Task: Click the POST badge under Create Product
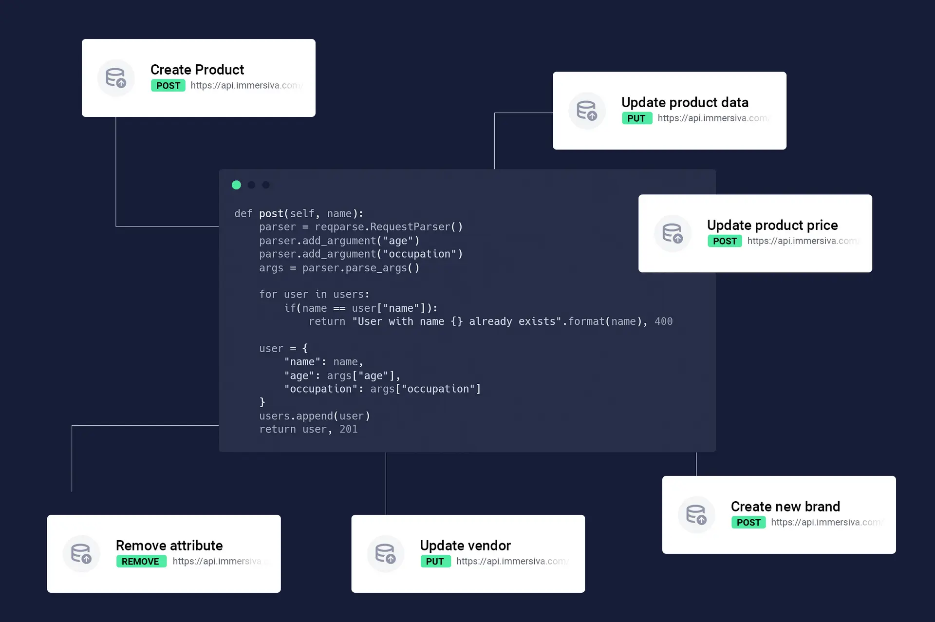tap(168, 86)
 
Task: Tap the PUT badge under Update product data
tap(636, 118)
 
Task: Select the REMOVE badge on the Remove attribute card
tap(141, 562)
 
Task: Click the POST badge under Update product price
tap(725, 241)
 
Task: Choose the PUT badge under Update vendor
tap(435, 562)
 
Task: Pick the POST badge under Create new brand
tap(748, 523)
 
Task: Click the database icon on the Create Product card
tap(116, 78)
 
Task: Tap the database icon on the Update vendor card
tap(385, 554)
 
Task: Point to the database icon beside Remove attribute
tap(81, 554)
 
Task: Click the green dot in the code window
tap(236, 185)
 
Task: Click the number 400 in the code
tap(663, 321)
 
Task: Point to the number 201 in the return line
tap(348, 429)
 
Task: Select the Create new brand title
tap(785, 507)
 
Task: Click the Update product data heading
tap(685, 102)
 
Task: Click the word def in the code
tap(243, 214)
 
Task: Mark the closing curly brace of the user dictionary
tap(262, 402)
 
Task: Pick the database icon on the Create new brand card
tap(696, 515)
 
